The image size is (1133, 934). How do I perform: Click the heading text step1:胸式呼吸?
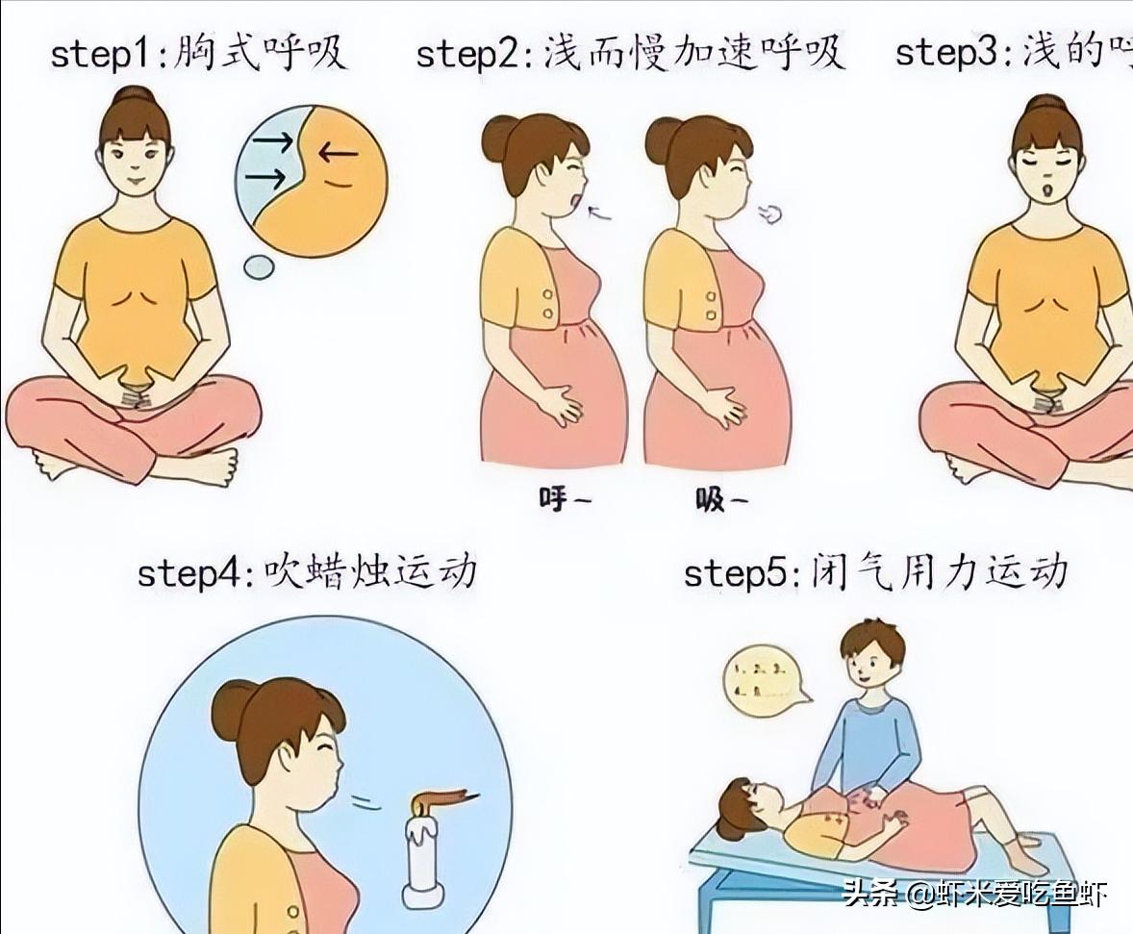198,52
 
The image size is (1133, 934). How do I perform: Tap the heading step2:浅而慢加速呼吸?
630,52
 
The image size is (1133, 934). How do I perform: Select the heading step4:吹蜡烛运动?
307,571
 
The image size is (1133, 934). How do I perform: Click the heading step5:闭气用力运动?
875,571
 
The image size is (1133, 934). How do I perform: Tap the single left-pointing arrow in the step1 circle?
337,151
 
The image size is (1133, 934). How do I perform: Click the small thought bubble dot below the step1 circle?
258,266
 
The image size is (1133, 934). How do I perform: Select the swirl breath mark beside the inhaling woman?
769,214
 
